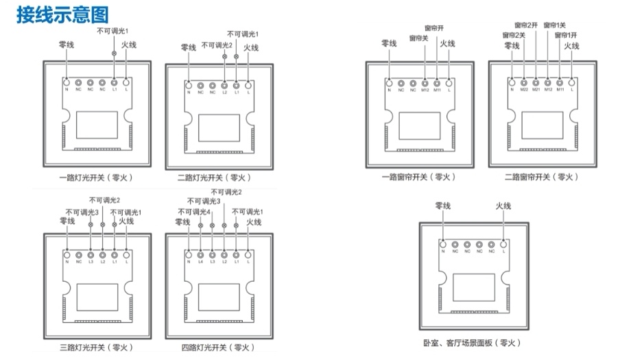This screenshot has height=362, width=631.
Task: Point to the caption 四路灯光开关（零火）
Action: [218, 347]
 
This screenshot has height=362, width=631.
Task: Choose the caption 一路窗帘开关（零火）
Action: [418, 177]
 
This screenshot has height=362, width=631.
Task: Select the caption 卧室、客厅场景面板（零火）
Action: [473, 343]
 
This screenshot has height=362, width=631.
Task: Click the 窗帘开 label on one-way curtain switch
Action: [434, 28]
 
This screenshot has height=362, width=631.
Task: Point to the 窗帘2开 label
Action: [529, 25]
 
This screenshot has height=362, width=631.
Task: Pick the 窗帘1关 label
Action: [555, 25]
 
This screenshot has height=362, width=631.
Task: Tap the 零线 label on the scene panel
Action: [443, 206]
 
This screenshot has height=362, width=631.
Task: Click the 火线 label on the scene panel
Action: [503, 206]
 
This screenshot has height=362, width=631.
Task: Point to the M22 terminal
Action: [524, 82]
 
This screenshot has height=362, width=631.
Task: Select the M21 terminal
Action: [536, 82]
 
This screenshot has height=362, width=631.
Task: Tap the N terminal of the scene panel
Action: [442, 244]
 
